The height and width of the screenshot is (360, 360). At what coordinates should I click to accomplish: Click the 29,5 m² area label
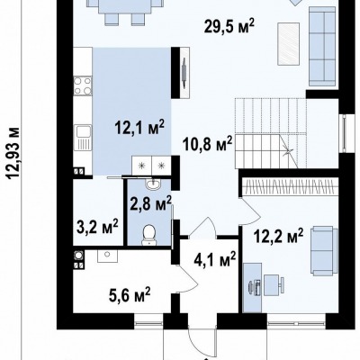click(229, 27)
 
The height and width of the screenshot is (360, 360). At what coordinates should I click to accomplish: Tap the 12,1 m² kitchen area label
click(139, 128)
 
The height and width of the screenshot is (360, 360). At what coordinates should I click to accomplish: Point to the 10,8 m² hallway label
click(208, 145)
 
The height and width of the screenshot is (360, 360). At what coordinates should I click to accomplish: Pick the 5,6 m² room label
click(130, 295)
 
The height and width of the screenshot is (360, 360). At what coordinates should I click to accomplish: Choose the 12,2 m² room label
click(278, 237)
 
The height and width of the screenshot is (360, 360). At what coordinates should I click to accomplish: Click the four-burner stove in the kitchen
click(83, 86)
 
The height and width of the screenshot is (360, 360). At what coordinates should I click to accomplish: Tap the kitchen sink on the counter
click(83, 138)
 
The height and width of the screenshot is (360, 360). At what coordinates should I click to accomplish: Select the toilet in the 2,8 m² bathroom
click(149, 235)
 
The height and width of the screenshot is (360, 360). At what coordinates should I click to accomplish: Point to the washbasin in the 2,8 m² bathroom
click(154, 184)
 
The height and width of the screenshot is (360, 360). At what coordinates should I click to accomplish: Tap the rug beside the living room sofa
click(289, 44)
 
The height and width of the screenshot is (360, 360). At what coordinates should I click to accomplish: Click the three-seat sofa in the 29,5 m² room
click(322, 46)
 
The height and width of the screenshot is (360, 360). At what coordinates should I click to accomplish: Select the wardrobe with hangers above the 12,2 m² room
click(291, 186)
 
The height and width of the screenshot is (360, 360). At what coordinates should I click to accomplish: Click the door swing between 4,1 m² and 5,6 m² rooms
click(187, 280)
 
